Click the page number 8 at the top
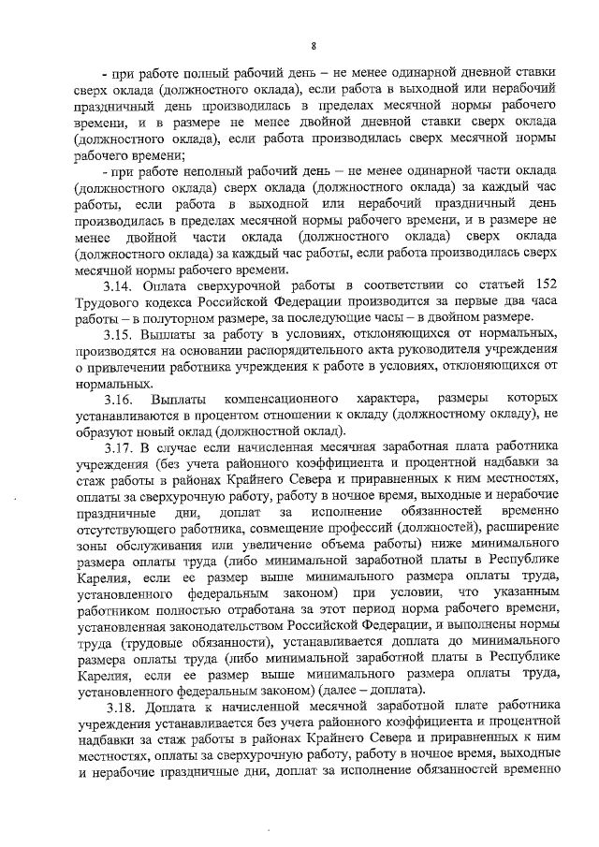[314, 45]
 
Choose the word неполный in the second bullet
[212, 173]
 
